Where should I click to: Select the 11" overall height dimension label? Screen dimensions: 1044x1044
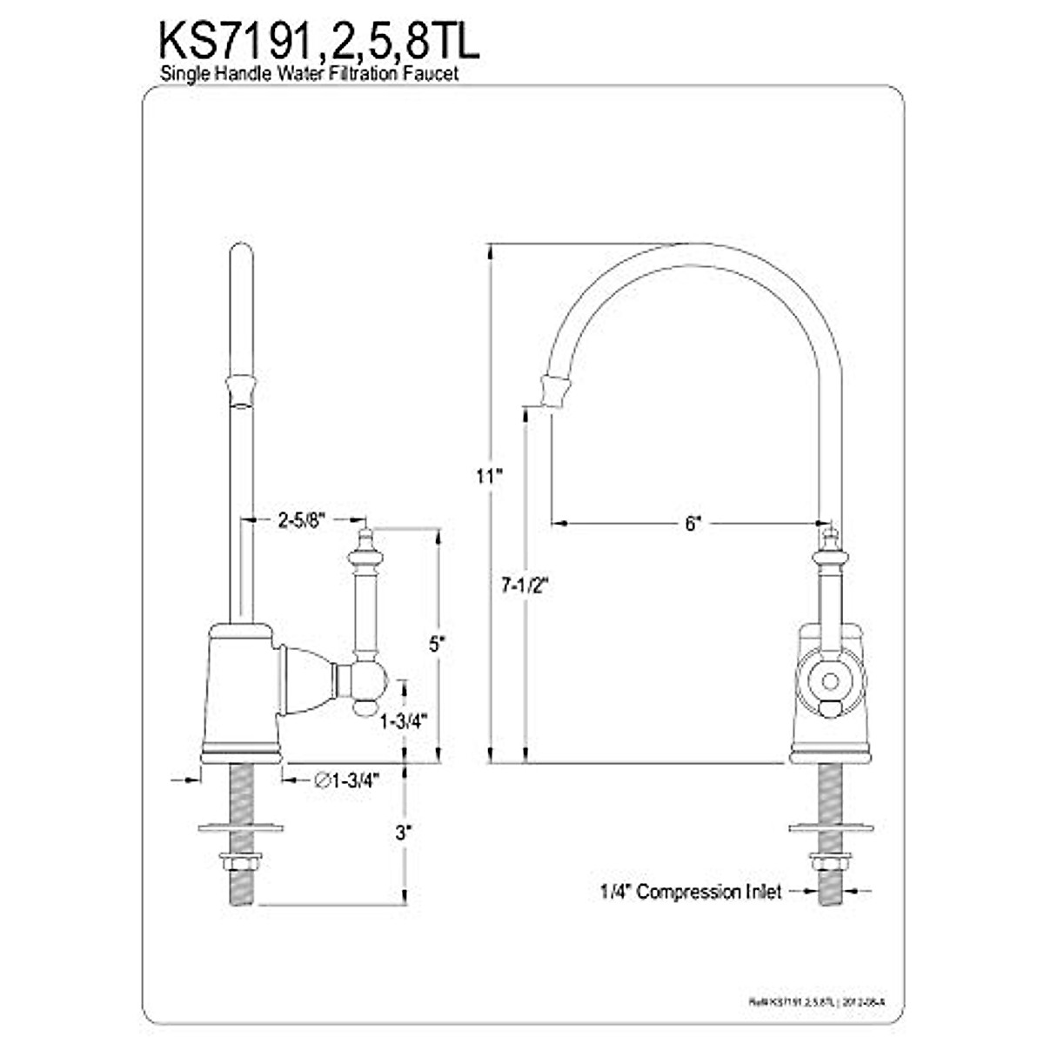pyautogui.click(x=489, y=476)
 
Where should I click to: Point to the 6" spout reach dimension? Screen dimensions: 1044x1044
pyautogui.click(x=692, y=523)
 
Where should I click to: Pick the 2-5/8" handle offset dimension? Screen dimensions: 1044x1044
pyautogui.click(x=301, y=520)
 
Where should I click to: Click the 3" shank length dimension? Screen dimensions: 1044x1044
pyautogui.click(x=402, y=833)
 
